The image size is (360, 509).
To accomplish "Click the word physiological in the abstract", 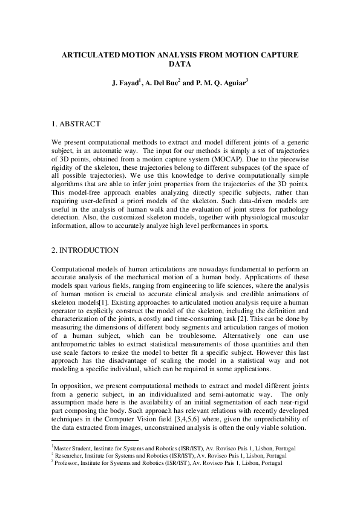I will pos(250,216).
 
